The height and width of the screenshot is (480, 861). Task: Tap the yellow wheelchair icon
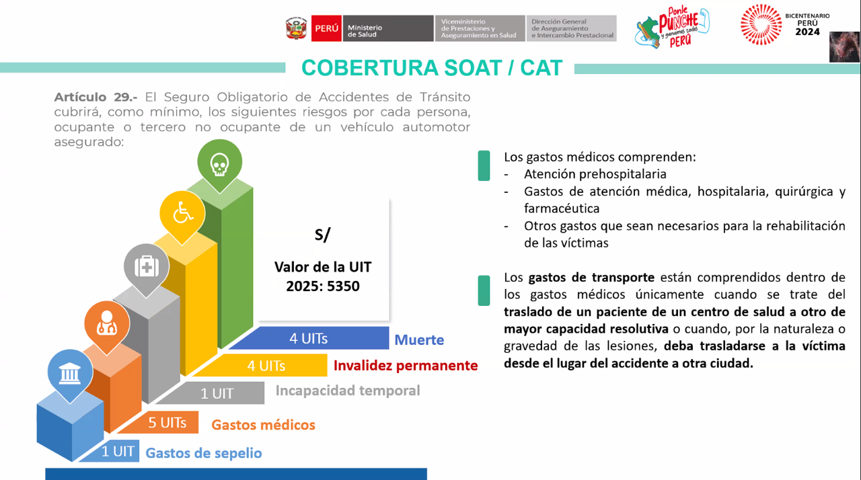click(x=182, y=214)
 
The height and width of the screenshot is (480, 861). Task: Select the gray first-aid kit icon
click(x=147, y=266)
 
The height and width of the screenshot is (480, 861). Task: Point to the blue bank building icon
click(x=70, y=372)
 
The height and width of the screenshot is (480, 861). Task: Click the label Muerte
click(x=419, y=339)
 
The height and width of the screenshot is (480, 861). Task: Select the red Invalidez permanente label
click(x=406, y=366)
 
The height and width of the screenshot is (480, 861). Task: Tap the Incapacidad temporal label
click(x=348, y=391)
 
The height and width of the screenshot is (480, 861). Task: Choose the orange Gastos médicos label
click(x=263, y=425)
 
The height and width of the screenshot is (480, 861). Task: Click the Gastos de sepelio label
click(x=204, y=453)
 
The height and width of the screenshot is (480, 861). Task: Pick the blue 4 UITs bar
click(x=309, y=338)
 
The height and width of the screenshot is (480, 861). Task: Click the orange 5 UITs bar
click(x=168, y=423)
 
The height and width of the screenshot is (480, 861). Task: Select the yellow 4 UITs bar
click(x=266, y=366)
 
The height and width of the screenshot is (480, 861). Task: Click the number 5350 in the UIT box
click(x=341, y=286)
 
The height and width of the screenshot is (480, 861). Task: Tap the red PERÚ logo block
click(x=326, y=28)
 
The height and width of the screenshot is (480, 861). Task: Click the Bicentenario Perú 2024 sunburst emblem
click(x=761, y=25)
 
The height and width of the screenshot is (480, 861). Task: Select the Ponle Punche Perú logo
click(x=671, y=27)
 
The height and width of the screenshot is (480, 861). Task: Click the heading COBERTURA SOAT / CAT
click(x=432, y=68)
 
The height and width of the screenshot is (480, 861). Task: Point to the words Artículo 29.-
click(x=96, y=97)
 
